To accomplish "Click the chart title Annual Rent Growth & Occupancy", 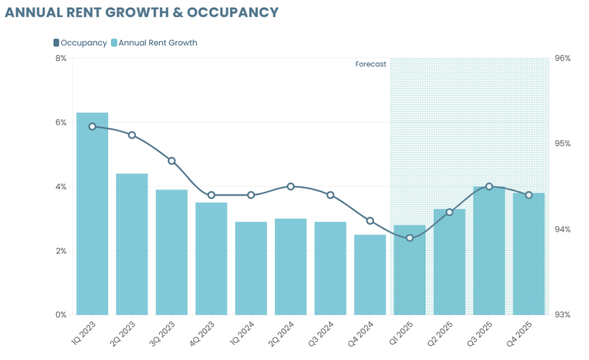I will click(x=141, y=12).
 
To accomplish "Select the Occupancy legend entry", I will click(x=80, y=43).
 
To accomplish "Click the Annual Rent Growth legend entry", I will click(x=154, y=43).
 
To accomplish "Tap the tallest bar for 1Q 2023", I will click(x=92, y=213).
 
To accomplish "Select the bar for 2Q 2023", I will click(x=132, y=244).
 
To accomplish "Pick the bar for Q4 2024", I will click(x=370, y=274).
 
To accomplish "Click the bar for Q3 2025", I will click(x=489, y=251).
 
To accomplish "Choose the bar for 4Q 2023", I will click(x=211, y=258).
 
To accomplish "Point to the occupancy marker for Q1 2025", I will click(x=410, y=238).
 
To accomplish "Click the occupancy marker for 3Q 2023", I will click(x=171, y=160).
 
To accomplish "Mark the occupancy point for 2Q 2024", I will click(x=290, y=186).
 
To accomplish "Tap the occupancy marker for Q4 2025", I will click(x=529, y=195).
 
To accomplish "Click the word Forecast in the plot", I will click(x=370, y=64).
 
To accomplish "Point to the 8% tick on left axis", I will click(x=61, y=58).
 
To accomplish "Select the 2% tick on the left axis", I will click(x=61, y=251).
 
